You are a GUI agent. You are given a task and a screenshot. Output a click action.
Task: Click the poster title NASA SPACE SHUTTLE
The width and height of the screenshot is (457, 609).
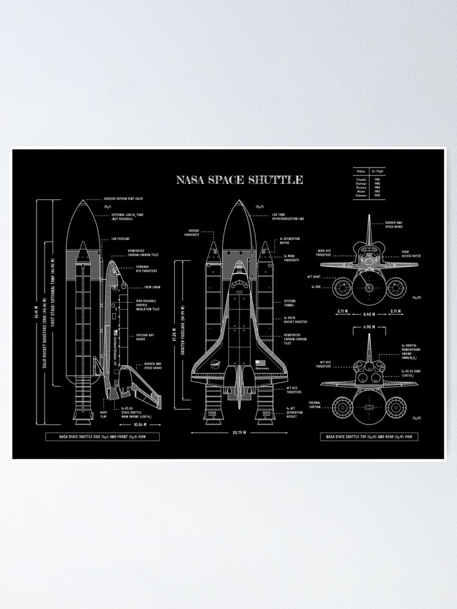pos(239,180)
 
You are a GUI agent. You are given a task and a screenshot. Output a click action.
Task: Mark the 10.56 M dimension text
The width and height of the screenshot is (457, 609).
pos(141,424)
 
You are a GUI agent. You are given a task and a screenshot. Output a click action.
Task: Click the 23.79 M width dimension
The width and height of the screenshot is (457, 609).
pos(238,433)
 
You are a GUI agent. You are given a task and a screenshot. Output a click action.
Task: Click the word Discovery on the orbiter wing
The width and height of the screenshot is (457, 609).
pos(261,368)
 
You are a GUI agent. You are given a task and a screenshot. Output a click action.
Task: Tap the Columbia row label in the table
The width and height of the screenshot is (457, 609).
pos(361,179)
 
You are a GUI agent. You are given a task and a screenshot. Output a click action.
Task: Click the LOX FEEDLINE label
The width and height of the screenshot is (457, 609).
pos(120,239)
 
